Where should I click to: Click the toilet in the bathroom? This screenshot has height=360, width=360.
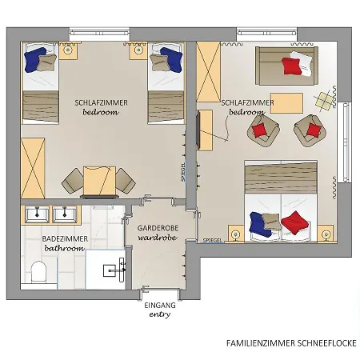coord(37,273)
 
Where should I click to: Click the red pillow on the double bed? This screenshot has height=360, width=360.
coord(295,222)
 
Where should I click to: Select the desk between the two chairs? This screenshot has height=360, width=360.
coord(101,182)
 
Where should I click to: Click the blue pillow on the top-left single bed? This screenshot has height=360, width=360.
coord(37,58)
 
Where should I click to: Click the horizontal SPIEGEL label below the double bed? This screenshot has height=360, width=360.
coord(213,240)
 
